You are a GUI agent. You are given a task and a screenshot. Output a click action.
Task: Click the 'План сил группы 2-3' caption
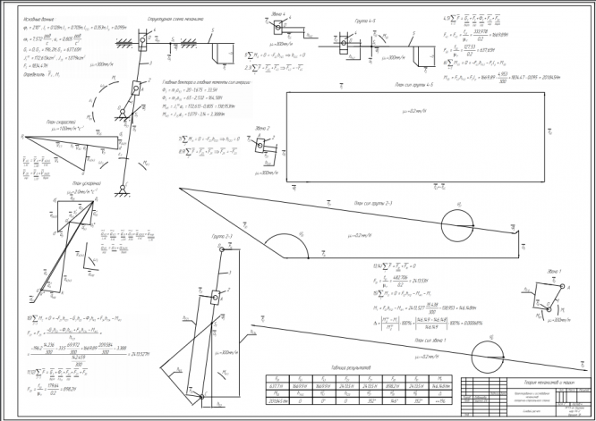point(373,204)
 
